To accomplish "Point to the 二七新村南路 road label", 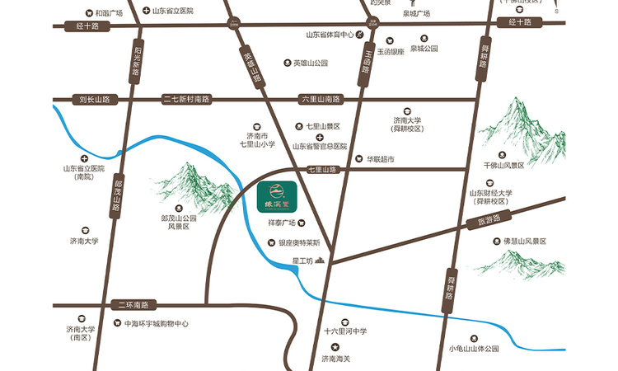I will pyautogui.click(x=187, y=99).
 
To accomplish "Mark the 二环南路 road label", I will pyautogui.click(x=131, y=304).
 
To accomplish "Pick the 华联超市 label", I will pyautogui.click(x=381, y=158).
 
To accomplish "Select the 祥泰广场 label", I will pyautogui.click(x=282, y=223).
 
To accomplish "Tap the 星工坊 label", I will pyautogui.click(x=304, y=262).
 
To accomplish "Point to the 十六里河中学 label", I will pyautogui.click(x=344, y=331).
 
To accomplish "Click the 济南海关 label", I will pyautogui.click(x=335, y=359).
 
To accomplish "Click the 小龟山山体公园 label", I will pyautogui.click(x=474, y=349).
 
